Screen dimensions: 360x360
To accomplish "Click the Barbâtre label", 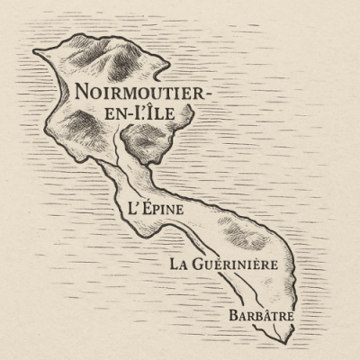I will coord(262,316).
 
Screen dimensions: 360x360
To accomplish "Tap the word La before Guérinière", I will coord(179,265).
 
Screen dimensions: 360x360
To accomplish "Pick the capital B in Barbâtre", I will coord(233,316).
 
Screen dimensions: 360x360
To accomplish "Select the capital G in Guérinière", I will coord(200,265).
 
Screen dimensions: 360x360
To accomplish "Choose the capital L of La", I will coord(175,265).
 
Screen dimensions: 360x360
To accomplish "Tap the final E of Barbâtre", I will coord(291,317).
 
